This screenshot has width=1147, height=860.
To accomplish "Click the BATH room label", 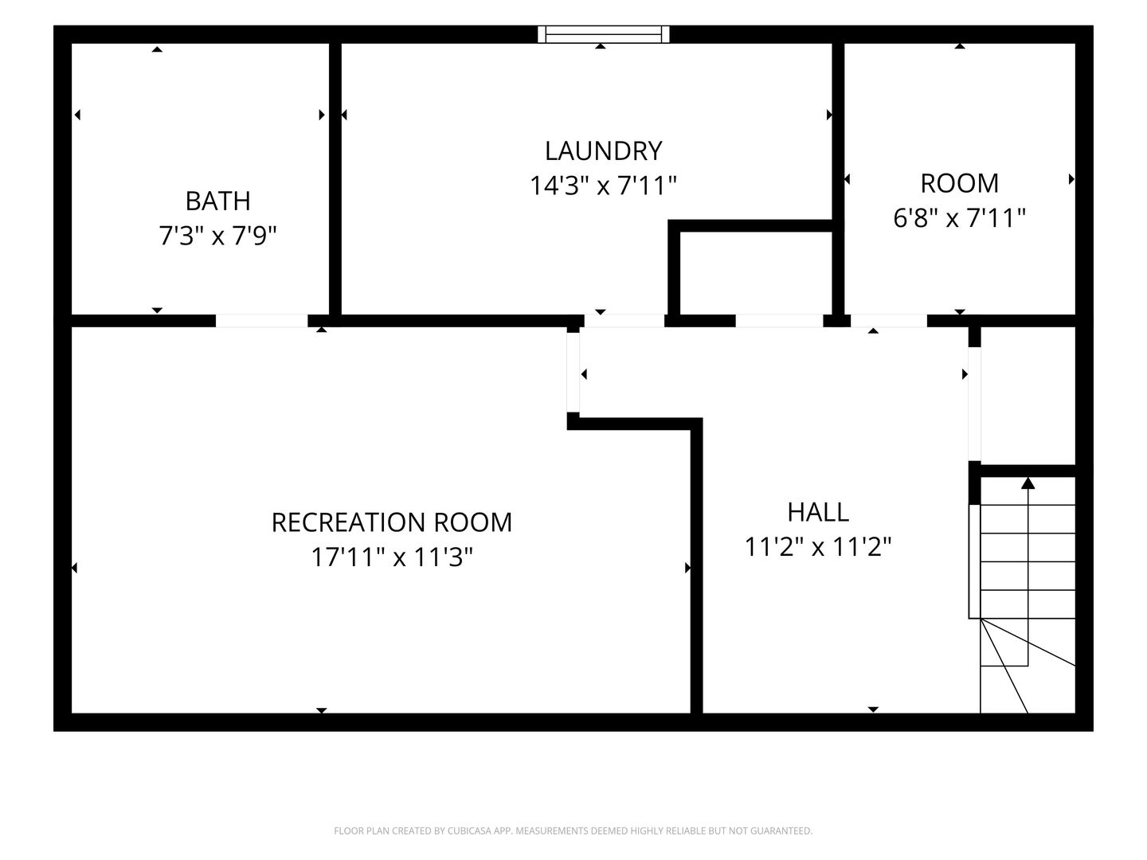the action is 218,201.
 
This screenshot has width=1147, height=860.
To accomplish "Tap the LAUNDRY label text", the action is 604,151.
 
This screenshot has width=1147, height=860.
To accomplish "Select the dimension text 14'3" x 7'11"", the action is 604,186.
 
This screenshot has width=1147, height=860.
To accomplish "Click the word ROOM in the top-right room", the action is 959,183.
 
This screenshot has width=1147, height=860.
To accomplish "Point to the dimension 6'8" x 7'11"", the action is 959,217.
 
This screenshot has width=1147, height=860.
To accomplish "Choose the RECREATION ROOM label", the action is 392,522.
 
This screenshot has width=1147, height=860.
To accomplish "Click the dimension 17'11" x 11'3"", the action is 392,557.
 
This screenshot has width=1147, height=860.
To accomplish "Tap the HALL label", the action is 818,512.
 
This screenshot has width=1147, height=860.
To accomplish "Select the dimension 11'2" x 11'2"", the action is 818,547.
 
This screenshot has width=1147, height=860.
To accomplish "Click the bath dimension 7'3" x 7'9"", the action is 218,236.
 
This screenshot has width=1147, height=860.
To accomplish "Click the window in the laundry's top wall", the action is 604,34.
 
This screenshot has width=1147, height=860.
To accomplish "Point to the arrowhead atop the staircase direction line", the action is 1028,483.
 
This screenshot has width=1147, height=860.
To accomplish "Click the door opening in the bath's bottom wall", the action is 262,321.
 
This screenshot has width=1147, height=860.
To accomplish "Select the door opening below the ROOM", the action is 889,321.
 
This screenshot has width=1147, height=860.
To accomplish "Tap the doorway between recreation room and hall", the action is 573,373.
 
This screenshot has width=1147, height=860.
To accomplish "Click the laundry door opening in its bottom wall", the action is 624,321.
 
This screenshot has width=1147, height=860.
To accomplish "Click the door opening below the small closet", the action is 779,321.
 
